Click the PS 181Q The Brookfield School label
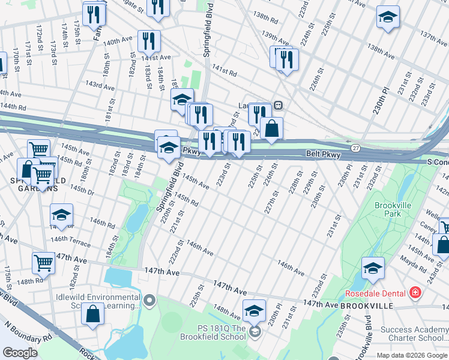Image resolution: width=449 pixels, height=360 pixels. [x=222, y=333]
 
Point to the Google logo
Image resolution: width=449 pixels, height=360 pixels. [x=20, y=353]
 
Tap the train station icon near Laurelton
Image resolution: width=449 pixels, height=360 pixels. [x=279, y=105]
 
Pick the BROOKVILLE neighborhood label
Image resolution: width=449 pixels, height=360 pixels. [x=366, y=305]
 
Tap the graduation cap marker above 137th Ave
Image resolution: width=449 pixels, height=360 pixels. [x=388, y=17]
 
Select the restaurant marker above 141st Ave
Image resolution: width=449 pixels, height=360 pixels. [x=149, y=41]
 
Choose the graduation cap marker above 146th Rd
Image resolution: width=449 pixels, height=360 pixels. [x=61, y=215]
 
